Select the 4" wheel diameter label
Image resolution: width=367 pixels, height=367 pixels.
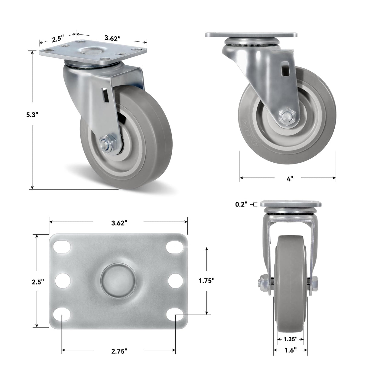pyautogui.click(x=290, y=179)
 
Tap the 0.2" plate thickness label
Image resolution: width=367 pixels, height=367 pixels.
pyautogui.click(x=242, y=204)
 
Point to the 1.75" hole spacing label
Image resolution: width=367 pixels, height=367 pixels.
pyautogui.click(x=206, y=280)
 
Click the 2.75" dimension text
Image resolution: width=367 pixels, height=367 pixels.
pyautogui.click(x=119, y=351)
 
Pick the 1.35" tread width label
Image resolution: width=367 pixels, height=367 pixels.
pyautogui.click(x=291, y=339)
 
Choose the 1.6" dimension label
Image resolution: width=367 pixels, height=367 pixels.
pyautogui.click(x=291, y=350)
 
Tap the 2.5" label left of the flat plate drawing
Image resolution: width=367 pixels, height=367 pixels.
pyautogui.click(x=38, y=281)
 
